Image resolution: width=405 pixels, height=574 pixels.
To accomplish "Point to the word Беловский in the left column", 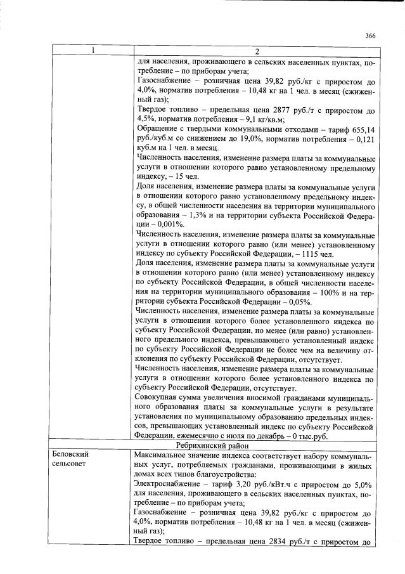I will [71, 455].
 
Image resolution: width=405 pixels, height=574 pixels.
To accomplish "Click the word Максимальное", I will [167, 455].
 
